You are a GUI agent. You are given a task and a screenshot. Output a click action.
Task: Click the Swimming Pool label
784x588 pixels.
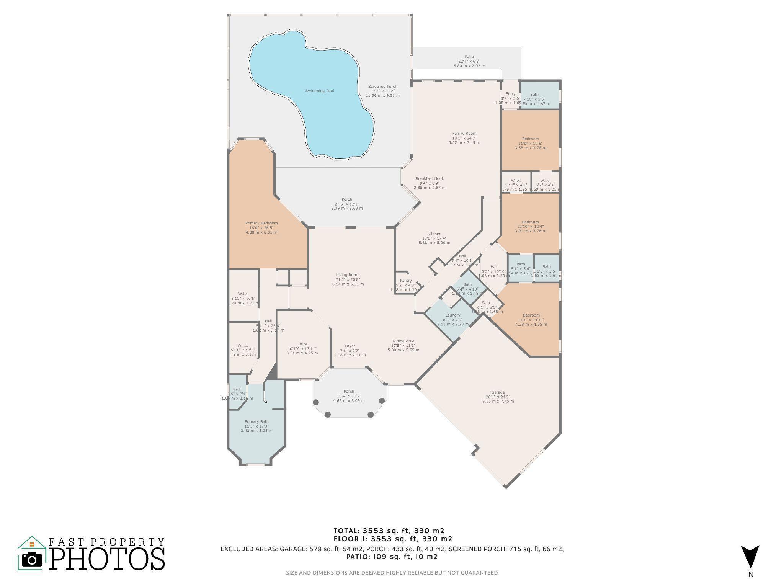[x=319, y=91]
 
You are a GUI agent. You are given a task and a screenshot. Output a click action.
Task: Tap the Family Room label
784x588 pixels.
[x=464, y=134]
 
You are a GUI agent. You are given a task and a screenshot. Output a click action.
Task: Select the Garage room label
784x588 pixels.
[x=498, y=392]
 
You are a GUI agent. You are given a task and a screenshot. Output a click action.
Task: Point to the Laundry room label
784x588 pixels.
[x=452, y=315]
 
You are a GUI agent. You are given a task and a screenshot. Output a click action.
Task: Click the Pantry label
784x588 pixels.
[x=406, y=281]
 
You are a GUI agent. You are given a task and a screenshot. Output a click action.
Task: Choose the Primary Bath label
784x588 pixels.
[x=256, y=421]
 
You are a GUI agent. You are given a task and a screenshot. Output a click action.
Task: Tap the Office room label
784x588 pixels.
[x=302, y=344]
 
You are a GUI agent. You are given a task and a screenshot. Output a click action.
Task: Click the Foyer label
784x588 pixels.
[x=350, y=346]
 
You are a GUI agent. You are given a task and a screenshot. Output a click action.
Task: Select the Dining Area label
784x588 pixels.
[x=403, y=341]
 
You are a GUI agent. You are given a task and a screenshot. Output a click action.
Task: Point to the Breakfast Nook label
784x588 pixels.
[x=430, y=179]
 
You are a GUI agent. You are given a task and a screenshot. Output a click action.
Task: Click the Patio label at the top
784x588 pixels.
[x=469, y=57]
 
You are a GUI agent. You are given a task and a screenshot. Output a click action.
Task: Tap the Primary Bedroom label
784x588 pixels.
[x=261, y=223]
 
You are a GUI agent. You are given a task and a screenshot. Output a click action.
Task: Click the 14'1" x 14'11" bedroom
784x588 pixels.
[x=531, y=315]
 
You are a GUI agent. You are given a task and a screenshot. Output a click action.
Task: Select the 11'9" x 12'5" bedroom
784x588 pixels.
[x=530, y=139]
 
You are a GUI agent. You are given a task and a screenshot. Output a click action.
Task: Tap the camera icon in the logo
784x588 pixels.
[x=32, y=560]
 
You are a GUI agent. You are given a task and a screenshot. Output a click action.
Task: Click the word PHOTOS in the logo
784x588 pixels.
[x=107, y=559]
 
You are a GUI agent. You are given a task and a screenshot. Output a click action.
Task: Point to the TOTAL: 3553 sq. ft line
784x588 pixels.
[x=389, y=531]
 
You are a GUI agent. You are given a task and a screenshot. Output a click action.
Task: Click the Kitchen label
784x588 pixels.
[x=434, y=234]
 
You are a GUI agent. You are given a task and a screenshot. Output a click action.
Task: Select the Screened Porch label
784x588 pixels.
[x=382, y=87]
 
